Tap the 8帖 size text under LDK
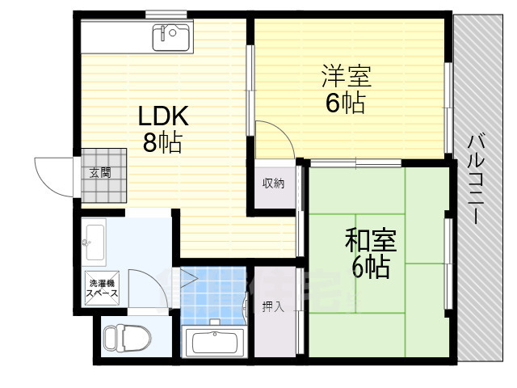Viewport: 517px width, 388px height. coord(162,144)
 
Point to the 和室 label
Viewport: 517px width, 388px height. coord(370,240)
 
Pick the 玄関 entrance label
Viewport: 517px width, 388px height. coord(100,171)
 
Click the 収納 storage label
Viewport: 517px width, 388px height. coord(273,183)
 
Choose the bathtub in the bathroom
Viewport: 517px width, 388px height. coord(214,343)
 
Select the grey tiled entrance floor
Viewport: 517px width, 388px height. coord(105,174)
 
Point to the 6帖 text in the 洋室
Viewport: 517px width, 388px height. coord(346,103)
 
